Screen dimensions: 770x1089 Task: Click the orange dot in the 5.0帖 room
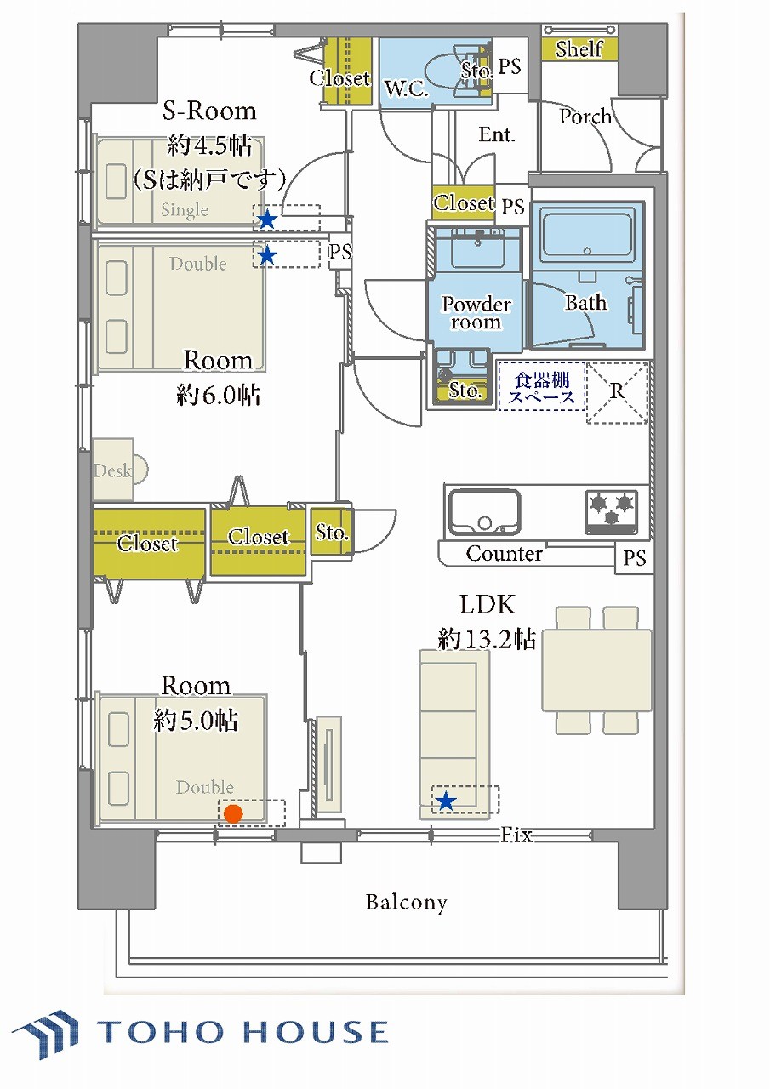pos(233,813)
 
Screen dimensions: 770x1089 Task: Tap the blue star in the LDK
pos(445,801)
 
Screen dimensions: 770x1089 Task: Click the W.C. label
pos(407,89)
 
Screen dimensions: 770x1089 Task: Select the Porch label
pos(585,117)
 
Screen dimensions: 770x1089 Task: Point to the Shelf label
pos(579,49)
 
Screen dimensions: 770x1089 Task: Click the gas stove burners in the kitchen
pos(612,511)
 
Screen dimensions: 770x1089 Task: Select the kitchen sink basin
pos(484,511)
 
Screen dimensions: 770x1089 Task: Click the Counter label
pos(504,553)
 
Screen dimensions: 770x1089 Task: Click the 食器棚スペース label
pos(541,387)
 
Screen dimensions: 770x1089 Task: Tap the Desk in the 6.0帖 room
pos(116,470)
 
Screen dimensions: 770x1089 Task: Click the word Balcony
pos(407,903)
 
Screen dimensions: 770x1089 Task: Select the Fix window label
pos(516,835)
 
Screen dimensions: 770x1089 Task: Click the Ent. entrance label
pos(497,134)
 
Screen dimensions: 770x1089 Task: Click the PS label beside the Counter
pos(635,558)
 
